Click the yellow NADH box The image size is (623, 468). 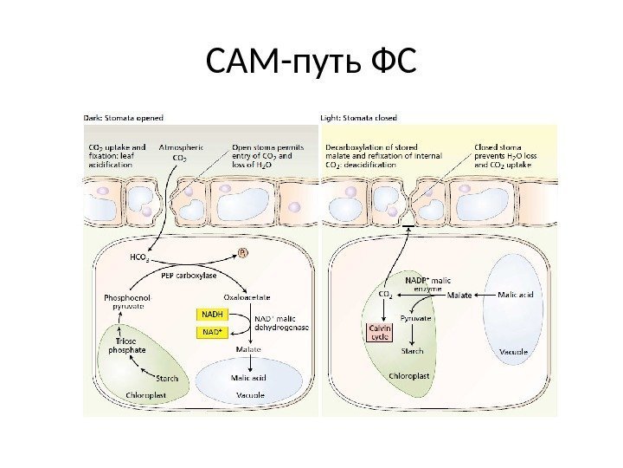pyautogui.click(x=213, y=313)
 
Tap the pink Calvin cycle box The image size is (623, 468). pyautogui.click(x=382, y=333)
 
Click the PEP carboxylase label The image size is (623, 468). pyautogui.click(x=189, y=276)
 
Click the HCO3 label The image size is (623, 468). pyautogui.click(x=139, y=257)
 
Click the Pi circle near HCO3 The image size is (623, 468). pyautogui.click(x=243, y=253)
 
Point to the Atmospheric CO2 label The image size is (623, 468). pyautogui.click(x=181, y=153)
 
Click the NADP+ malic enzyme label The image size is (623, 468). pyautogui.click(x=429, y=284)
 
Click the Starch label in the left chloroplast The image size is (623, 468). pyautogui.click(x=167, y=378)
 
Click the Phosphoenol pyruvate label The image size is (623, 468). pyautogui.click(x=129, y=301)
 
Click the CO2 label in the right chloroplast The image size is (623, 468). pyautogui.click(x=386, y=295)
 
